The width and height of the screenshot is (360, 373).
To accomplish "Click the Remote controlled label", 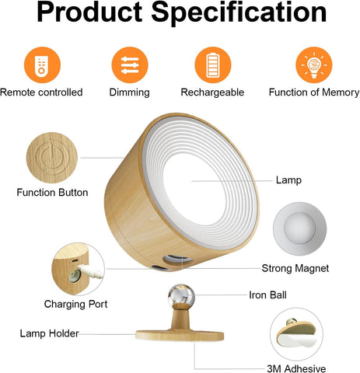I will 41,92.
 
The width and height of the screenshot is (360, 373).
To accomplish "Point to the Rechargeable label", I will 212,92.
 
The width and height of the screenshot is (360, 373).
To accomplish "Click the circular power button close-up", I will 52,155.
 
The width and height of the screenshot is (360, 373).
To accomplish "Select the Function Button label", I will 52,193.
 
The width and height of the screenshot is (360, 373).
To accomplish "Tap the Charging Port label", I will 75,305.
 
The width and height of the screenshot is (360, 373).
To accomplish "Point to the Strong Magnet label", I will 295,268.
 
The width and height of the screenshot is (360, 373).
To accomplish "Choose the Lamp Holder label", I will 48,333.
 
